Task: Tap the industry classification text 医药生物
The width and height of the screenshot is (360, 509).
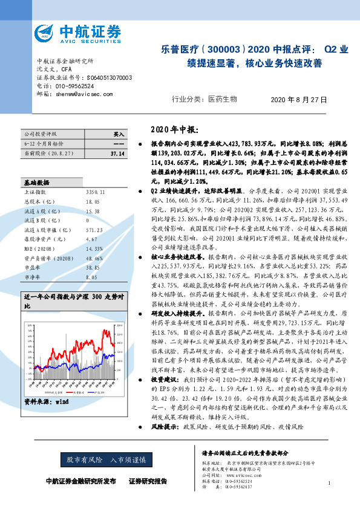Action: coord(223,99)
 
